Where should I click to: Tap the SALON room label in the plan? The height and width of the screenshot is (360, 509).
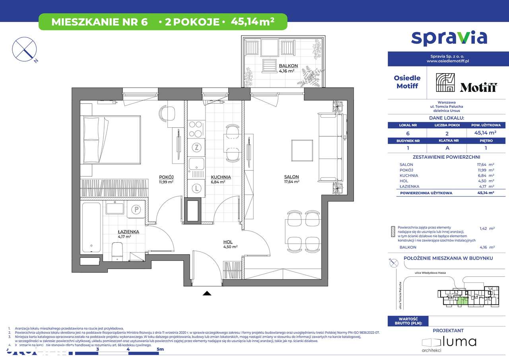tap(291, 177)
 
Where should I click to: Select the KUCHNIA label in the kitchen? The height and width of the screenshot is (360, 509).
tap(221, 177)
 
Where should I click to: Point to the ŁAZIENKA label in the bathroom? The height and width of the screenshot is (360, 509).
tap(128, 231)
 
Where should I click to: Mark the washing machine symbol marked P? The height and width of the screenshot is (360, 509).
tap(136, 208)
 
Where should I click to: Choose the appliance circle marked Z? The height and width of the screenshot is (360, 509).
tap(196, 148)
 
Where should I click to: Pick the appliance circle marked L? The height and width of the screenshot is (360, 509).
tap(196, 188)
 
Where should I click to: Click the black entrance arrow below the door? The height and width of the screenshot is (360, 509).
tap(207, 294)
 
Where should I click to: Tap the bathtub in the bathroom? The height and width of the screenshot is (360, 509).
tap(91, 228)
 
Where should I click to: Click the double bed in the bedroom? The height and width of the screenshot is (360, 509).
tap(110, 140)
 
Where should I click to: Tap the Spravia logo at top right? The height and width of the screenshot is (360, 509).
tap(449, 37)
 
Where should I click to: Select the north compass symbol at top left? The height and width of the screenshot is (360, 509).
tap(25, 49)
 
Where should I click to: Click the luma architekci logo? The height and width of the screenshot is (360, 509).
tap(449, 342)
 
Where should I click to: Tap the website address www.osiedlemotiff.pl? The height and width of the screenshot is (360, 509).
tap(448, 61)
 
